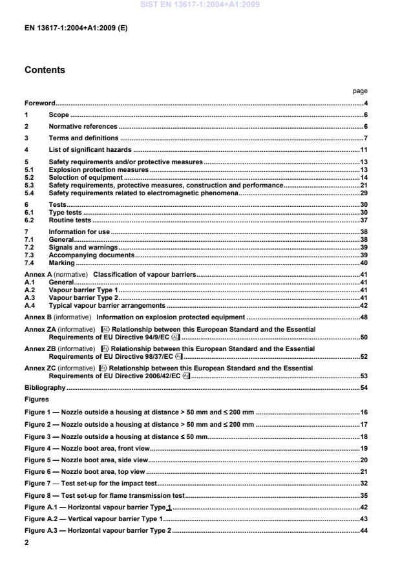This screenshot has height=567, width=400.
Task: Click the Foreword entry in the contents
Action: coord(39,103)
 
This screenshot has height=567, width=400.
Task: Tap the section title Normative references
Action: coord(83,127)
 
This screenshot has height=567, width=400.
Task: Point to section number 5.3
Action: coord(29,185)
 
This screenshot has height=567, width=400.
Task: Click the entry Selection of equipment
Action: coord(85,177)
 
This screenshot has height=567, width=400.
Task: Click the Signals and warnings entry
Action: coord(83,247)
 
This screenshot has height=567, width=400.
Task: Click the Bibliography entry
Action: coord(45,387)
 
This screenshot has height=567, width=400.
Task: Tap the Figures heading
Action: coord(36,399)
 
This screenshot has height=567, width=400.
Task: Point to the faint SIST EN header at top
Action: coord(200,5)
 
